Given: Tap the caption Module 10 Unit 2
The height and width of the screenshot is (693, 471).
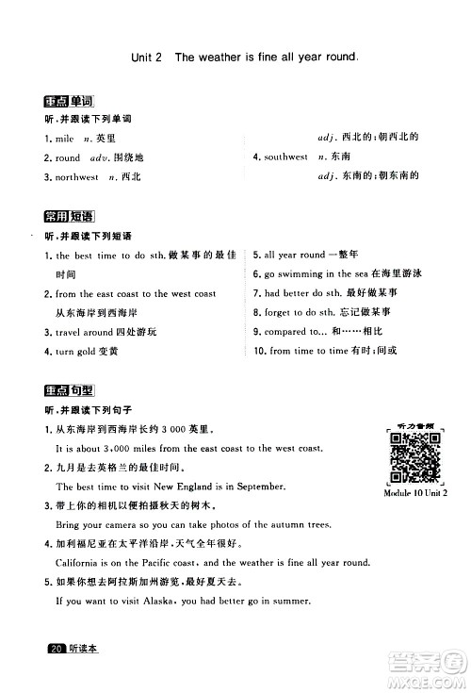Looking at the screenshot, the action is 415,493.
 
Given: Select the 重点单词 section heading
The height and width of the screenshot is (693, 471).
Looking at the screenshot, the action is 71,103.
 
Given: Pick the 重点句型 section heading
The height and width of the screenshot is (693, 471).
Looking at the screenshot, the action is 71,392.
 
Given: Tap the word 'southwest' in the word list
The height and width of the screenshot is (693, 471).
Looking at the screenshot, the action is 285,157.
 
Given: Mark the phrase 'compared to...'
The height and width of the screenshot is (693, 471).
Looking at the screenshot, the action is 295,332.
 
